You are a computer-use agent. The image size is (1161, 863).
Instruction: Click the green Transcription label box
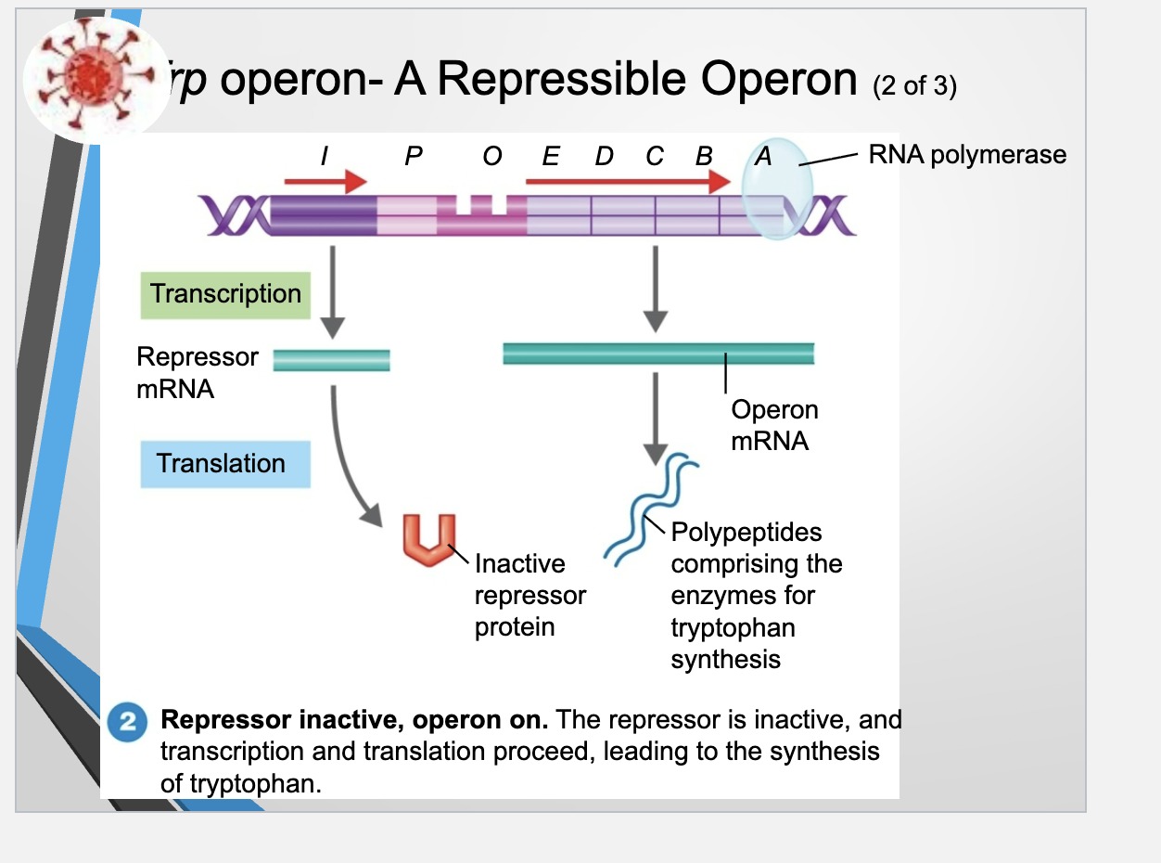(225, 294)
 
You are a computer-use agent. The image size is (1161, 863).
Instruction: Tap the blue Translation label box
(225, 463)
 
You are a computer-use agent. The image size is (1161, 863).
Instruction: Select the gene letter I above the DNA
(323, 156)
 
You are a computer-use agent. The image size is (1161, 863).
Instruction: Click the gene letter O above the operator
(492, 156)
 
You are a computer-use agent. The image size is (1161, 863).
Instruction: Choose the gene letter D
(604, 156)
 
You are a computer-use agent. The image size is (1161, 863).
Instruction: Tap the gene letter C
(655, 156)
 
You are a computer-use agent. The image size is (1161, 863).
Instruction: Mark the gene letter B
(704, 156)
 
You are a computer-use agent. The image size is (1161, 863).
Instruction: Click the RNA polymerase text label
(967, 155)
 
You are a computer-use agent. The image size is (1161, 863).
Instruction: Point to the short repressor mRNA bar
(331, 360)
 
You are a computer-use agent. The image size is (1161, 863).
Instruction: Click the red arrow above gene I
(325, 181)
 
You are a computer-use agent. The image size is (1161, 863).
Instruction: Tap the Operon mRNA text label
(773, 424)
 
